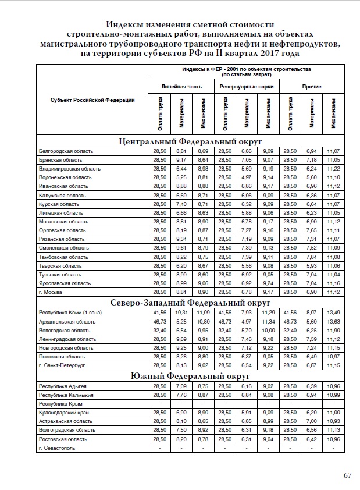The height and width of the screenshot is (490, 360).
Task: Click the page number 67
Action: tap(347, 475)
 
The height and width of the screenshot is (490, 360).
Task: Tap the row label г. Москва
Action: tap(51, 291)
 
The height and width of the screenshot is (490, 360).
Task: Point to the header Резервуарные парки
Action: tap(247, 87)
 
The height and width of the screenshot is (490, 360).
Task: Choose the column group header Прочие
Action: tap(312, 87)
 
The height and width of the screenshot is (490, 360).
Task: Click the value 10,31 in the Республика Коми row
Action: tap(181, 313)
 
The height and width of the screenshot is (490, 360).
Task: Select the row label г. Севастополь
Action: tap(56, 448)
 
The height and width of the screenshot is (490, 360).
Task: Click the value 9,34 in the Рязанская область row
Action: tap(181, 239)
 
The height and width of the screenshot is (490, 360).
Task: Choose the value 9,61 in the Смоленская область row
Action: tap(181, 247)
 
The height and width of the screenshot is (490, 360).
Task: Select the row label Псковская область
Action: tap(62, 357)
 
